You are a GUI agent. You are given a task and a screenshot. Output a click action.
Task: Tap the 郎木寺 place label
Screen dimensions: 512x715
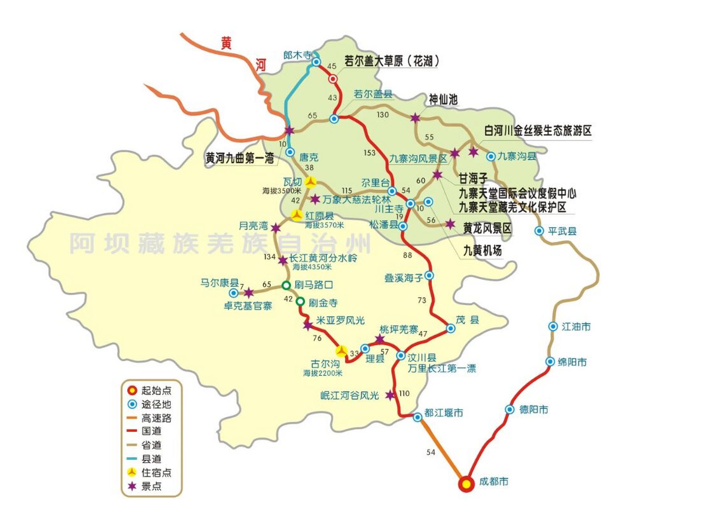[x=297, y=55]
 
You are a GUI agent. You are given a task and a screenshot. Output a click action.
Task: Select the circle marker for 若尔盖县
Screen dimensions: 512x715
[x=334, y=119]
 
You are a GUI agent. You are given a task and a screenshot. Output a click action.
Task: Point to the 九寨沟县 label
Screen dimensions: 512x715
[x=516, y=156]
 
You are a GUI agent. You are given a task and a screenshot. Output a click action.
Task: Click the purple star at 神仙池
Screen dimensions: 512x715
[x=415, y=118]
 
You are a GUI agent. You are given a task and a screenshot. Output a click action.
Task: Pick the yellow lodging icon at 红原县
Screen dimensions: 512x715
[x=297, y=215]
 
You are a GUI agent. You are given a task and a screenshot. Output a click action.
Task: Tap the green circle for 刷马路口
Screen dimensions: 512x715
[x=286, y=285]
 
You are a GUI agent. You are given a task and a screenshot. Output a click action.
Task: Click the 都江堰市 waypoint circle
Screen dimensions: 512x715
[x=417, y=417]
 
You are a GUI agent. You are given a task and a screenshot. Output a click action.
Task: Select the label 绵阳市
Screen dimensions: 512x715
[x=572, y=362]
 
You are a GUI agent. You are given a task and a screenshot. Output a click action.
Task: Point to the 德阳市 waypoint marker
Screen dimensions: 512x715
[x=509, y=409]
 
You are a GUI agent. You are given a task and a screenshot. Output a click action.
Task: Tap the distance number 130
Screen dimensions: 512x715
[x=382, y=115]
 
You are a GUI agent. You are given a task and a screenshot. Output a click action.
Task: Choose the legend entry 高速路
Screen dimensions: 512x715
[x=156, y=418]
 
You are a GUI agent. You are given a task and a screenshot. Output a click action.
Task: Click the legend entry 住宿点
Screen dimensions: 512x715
[x=156, y=472]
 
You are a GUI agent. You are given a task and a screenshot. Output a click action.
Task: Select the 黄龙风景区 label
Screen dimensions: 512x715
[x=487, y=228]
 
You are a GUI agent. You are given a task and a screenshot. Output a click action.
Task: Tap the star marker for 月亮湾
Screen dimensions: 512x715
[x=276, y=228]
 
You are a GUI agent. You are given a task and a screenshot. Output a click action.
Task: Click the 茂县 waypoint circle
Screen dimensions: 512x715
[x=451, y=328]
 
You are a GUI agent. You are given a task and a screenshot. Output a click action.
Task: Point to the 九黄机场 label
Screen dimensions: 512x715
[x=482, y=251]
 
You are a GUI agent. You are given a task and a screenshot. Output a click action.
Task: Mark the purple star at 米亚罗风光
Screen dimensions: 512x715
[x=308, y=325]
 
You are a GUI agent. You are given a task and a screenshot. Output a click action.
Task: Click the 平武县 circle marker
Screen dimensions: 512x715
[x=539, y=231]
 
